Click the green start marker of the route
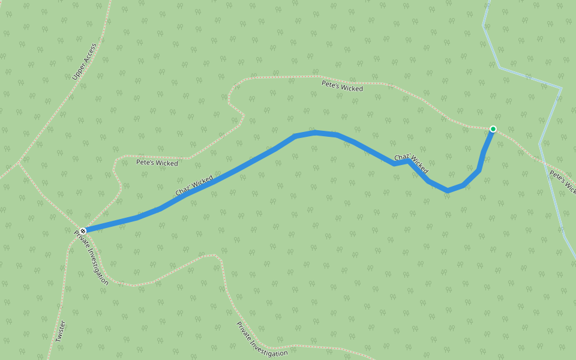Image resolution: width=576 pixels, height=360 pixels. (493, 129)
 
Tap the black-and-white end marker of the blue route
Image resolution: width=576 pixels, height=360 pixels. (83, 230)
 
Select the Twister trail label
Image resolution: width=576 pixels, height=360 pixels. (61, 331)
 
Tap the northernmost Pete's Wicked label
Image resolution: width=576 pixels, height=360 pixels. (342, 88)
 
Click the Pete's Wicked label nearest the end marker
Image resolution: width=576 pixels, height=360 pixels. (157, 163)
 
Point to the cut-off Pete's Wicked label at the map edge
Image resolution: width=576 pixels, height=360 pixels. (563, 183)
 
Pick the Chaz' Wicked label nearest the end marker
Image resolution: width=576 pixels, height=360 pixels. (194, 185)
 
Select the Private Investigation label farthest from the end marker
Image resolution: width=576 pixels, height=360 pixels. (262, 339)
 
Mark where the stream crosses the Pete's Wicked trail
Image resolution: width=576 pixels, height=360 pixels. (544, 161)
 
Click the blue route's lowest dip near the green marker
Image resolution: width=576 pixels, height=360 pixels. (447, 190)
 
